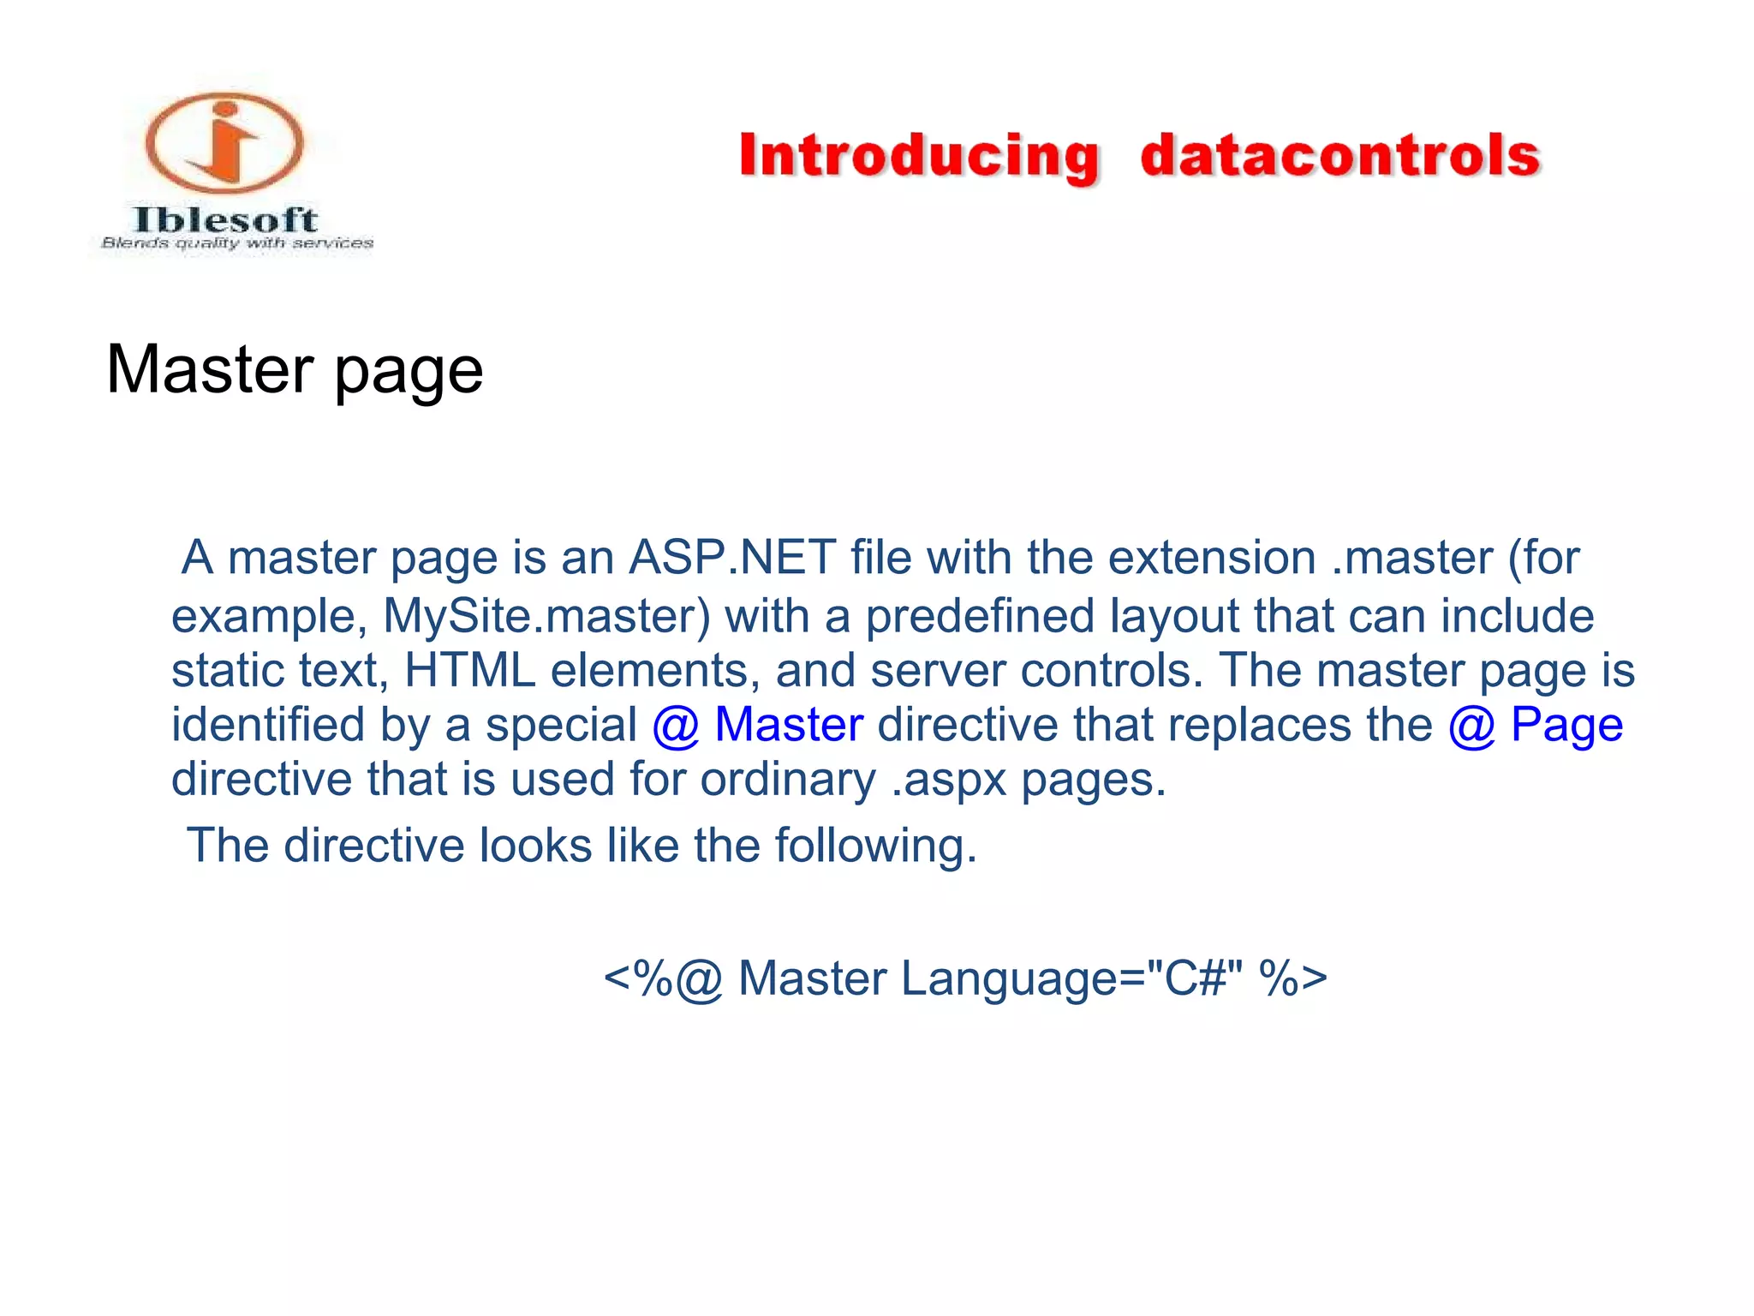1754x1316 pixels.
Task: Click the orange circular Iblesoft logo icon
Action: (224, 142)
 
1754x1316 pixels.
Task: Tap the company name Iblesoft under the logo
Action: (226, 220)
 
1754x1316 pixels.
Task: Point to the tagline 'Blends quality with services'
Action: (237, 243)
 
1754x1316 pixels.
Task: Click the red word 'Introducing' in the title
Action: (919, 157)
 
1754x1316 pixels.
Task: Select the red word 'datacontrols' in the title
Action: (1340, 156)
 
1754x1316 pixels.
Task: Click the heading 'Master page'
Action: (295, 370)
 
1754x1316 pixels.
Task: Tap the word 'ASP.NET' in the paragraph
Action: (732, 558)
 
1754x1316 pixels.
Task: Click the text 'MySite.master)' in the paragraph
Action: (546, 616)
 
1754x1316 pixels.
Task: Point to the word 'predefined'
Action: (980, 616)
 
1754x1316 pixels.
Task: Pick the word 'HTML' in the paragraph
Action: (469, 670)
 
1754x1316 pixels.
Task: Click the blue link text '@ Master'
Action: (757, 725)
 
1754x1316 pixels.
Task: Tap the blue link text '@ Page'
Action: (1536, 725)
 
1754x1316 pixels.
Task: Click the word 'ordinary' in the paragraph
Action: (788, 780)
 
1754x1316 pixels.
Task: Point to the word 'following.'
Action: (875, 846)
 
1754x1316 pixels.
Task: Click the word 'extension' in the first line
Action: (1212, 558)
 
